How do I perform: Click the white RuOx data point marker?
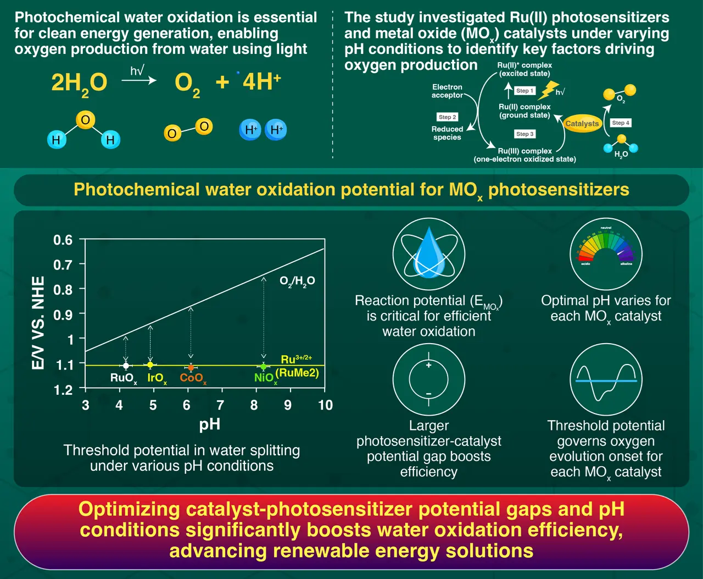(x=126, y=366)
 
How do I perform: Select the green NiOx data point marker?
(x=263, y=366)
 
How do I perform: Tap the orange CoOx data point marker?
(x=191, y=367)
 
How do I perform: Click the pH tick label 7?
(x=220, y=405)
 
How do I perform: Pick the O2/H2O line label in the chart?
(x=297, y=282)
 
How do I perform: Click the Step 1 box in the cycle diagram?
(x=525, y=91)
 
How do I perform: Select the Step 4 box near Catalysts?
(x=620, y=123)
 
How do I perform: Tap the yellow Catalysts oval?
(x=582, y=124)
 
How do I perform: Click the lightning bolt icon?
(x=548, y=90)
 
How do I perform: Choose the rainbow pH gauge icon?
(x=606, y=246)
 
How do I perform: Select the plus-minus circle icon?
(x=429, y=379)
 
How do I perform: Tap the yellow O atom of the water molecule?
(x=85, y=120)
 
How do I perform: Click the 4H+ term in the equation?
(x=261, y=81)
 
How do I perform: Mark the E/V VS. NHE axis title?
(x=38, y=322)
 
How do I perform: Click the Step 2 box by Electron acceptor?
(x=447, y=117)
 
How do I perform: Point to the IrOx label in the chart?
(x=157, y=378)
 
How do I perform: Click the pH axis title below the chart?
(x=210, y=425)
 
